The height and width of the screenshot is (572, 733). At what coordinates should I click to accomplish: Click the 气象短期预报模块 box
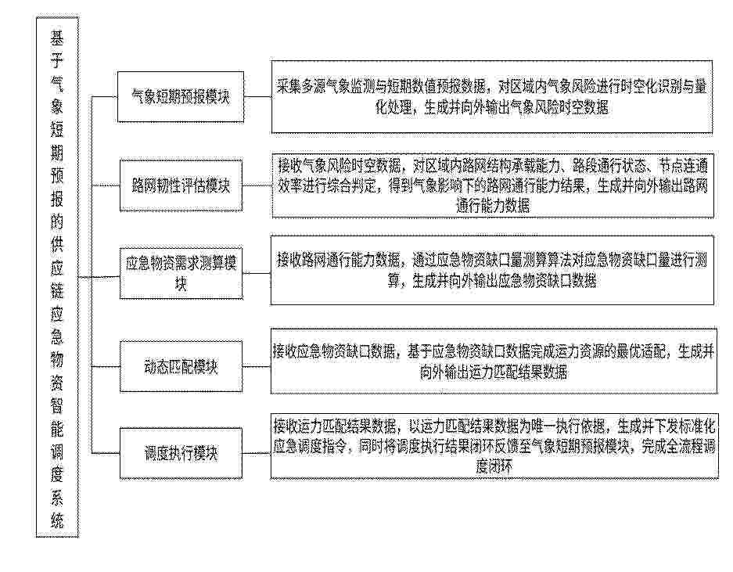click(181, 97)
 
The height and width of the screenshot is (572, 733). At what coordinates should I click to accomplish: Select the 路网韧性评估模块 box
click(181, 185)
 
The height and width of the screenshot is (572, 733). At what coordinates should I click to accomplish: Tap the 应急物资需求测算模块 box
click(181, 273)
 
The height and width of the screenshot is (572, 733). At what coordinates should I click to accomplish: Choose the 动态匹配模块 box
click(181, 366)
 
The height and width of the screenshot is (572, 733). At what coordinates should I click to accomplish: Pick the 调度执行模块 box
click(181, 453)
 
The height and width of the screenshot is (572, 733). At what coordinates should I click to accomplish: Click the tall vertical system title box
click(57, 277)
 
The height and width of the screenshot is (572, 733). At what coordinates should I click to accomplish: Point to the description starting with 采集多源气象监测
click(492, 97)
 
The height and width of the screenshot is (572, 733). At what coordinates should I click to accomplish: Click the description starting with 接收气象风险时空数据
click(493, 185)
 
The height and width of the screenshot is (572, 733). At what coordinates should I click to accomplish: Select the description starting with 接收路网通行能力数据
click(492, 270)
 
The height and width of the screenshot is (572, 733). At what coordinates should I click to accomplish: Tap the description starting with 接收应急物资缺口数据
click(494, 361)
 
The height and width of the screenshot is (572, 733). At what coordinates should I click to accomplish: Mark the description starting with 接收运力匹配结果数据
click(494, 446)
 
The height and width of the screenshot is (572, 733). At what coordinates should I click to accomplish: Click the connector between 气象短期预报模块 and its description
click(257, 97)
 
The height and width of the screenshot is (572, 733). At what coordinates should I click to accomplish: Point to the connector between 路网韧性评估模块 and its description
click(257, 185)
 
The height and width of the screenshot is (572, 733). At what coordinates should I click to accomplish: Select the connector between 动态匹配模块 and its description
click(256, 366)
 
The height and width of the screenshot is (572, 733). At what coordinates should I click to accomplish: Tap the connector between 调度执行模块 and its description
click(256, 453)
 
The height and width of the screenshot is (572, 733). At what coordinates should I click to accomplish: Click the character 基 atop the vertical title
click(57, 38)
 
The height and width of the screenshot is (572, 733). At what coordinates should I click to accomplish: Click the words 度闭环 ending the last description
click(494, 467)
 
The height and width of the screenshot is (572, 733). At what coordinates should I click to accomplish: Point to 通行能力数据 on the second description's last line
click(493, 206)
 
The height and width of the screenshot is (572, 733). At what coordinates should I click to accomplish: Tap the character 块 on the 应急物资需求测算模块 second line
click(181, 283)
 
